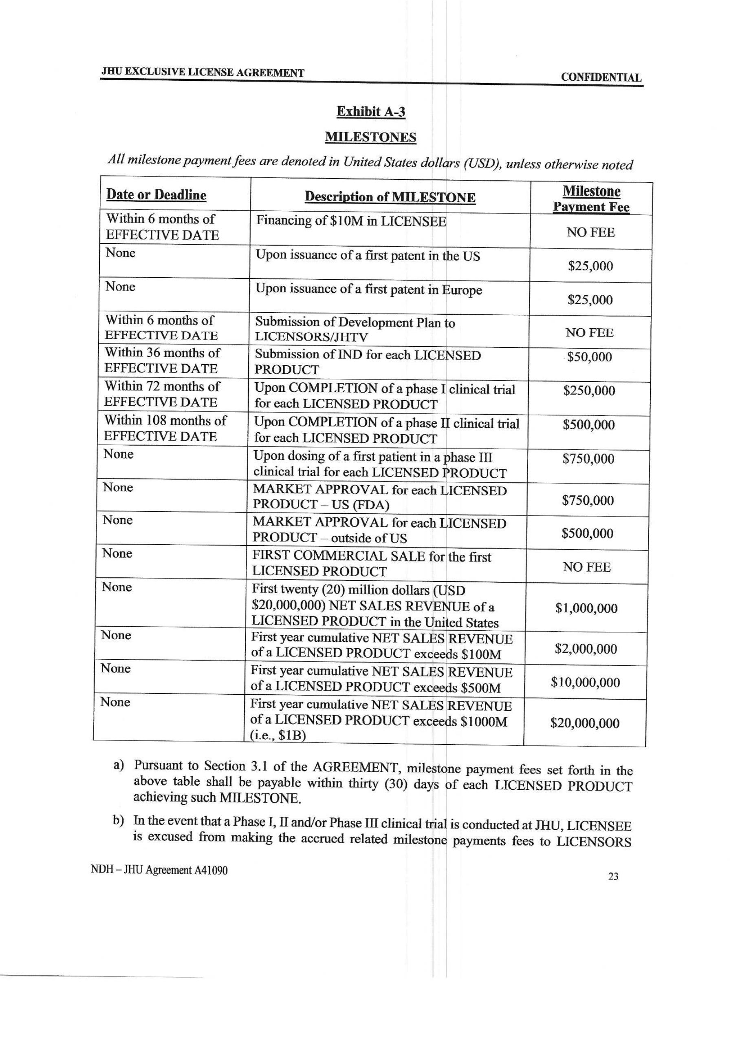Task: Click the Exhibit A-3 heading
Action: [x=370, y=112]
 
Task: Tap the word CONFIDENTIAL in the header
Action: [x=601, y=77]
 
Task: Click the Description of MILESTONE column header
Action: [x=390, y=197]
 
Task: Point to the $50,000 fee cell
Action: [x=589, y=357]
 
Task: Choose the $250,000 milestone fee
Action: [x=589, y=391]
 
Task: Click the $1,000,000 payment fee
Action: [x=586, y=608]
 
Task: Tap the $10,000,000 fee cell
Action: [x=585, y=682]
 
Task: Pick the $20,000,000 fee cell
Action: [x=585, y=723]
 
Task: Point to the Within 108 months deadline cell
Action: [x=165, y=428]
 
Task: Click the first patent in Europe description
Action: [x=368, y=289]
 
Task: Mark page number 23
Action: [x=613, y=876]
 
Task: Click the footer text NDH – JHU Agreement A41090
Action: [x=159, y=870]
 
